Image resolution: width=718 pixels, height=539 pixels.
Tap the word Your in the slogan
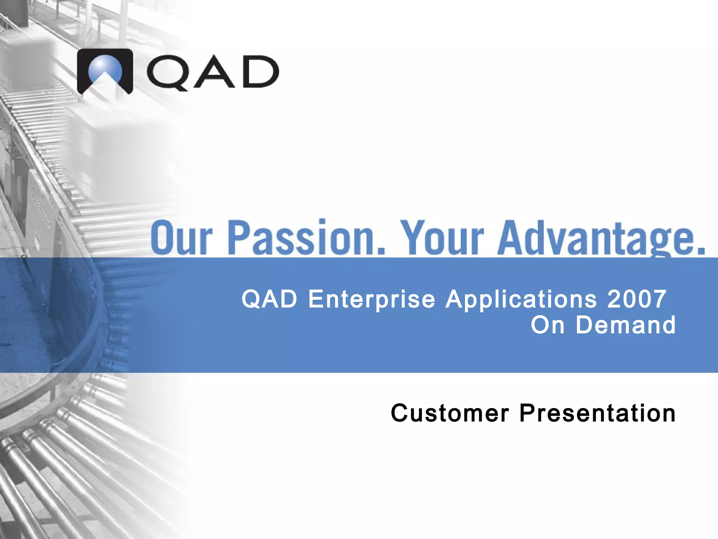tap(442, 237)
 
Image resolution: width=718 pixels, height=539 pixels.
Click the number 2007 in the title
tap(636, 299)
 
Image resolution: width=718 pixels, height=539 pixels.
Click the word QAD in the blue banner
tap(269, 299)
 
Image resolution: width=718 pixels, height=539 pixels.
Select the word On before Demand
tap(547, 325)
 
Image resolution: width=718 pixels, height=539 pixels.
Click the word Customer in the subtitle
tap(449, 413)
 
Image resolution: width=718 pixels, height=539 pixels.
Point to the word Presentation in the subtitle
tap(597, 413)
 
